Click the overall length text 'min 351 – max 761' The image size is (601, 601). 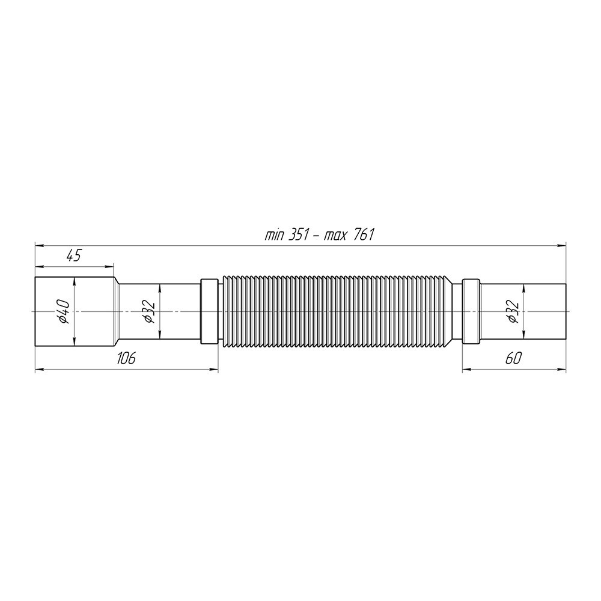(x=319, y=234)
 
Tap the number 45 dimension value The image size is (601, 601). (x=73, y=255)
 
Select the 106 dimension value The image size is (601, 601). (x=126, y=358)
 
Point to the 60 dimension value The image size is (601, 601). (x=514, y=358)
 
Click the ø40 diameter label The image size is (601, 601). (x=64, y=311)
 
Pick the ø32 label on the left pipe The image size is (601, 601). (x=150, y=311)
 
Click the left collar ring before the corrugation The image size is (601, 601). (x=210, y=311)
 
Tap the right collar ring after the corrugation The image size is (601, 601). (x=471, y=311)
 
